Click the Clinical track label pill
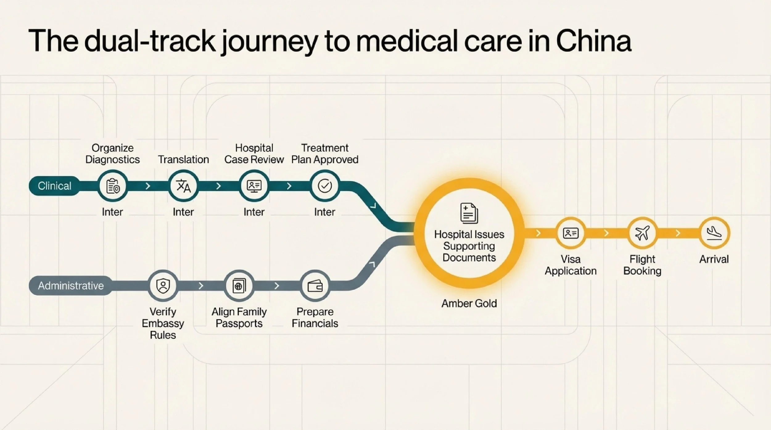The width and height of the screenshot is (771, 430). (x=55, y=186)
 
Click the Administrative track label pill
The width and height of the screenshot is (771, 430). (x=71, y=286)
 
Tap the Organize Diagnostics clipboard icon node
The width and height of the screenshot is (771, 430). (x=113, y=186)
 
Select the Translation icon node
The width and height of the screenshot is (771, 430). (x=183, y=186)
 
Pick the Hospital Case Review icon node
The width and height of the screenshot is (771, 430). (x=254, y=186)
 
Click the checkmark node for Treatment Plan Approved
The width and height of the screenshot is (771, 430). (x=325, y=186)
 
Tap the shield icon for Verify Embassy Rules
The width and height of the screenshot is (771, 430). (x=163, y=286)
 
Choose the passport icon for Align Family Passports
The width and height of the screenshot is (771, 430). (x=239, y=286)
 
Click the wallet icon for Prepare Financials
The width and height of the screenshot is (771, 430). (x=315, y=286)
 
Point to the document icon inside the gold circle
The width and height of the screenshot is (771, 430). (x=469, y=213)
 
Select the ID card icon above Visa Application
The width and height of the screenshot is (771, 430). (x=571, y=233)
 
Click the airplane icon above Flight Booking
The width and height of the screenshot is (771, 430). (x=642, y=233)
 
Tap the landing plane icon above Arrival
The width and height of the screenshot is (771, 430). (x=714, y=233)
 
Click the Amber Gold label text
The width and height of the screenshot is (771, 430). (x=469, y=303)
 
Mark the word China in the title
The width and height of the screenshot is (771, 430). (x=594, y=41)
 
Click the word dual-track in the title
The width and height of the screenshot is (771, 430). (x=150, y=41)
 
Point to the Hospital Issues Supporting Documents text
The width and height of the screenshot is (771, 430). (x=469, y=246)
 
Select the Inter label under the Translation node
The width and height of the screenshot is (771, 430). (x=183, y=212)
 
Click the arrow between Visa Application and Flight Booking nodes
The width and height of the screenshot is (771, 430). (x=606, y=233)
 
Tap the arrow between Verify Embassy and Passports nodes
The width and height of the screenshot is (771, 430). (x=201, y=286)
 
